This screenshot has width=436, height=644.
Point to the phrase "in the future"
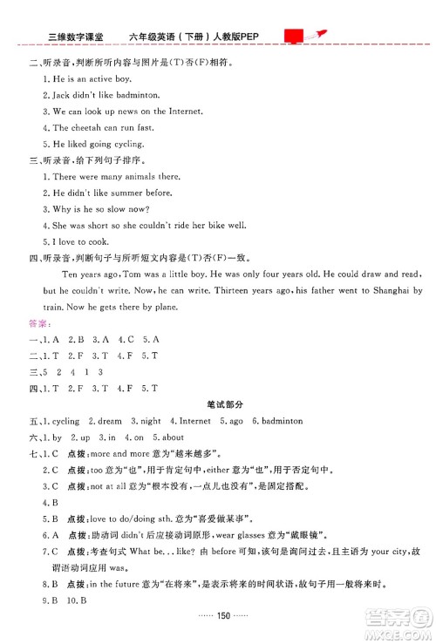point(119,583)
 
